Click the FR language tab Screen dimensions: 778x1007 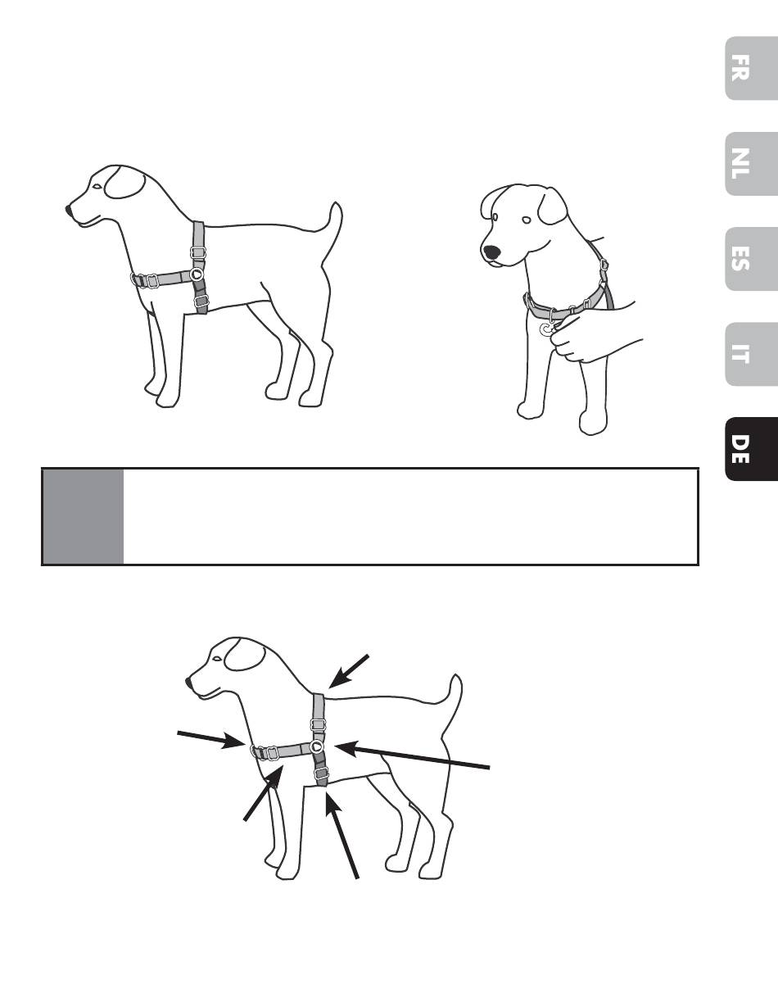751,68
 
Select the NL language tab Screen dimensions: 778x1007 751,164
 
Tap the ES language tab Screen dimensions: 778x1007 751,259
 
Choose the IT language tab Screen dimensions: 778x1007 751,355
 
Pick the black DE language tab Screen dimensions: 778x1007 751,450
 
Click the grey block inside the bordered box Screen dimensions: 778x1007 84,517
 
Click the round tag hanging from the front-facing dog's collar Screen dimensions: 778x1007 547,329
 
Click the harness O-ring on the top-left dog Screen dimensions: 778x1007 197,274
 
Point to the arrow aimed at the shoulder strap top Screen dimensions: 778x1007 349,672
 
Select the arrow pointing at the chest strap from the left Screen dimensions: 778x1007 210,740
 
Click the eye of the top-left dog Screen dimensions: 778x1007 97,186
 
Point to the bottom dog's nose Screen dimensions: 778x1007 188,683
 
